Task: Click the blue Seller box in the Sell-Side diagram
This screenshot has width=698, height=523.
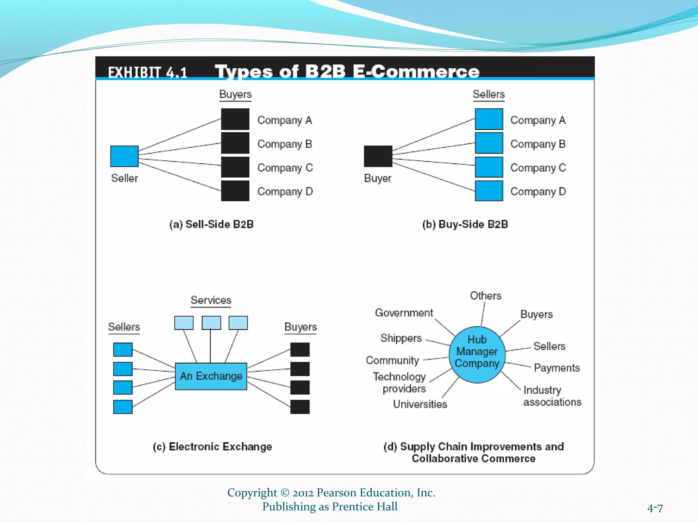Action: click(x=124, y=156)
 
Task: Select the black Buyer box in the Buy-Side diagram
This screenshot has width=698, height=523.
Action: click(x=378, y=156)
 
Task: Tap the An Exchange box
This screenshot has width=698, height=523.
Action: click(x=211, y=376)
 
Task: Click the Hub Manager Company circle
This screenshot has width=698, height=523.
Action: click(x=477, y=354)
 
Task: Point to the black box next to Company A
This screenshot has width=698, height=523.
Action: click(x=235, y=119)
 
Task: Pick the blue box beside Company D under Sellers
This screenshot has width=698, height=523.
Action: click(x=489, y=191)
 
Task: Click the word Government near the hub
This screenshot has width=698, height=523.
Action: click(x=404, y=313)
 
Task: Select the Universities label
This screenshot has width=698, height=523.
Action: click(x=420, y=404)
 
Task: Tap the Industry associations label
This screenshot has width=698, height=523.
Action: click(x=552, y=396)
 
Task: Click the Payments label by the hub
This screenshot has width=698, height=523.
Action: click(x=557, y=368)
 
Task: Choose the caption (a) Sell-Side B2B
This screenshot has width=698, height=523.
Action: click(x=211, y=224)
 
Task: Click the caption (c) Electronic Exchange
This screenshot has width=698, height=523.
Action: click(x=212, y=446)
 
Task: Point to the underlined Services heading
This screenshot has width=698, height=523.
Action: click(x=211, y=300)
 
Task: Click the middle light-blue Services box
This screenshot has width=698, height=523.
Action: click(x=211, y=322)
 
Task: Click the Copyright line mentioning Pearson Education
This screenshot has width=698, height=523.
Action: click(x=331, y=493)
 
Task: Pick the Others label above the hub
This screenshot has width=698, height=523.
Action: click(x=486, y=296)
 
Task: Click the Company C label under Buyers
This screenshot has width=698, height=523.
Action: click(x=285, y=168)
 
